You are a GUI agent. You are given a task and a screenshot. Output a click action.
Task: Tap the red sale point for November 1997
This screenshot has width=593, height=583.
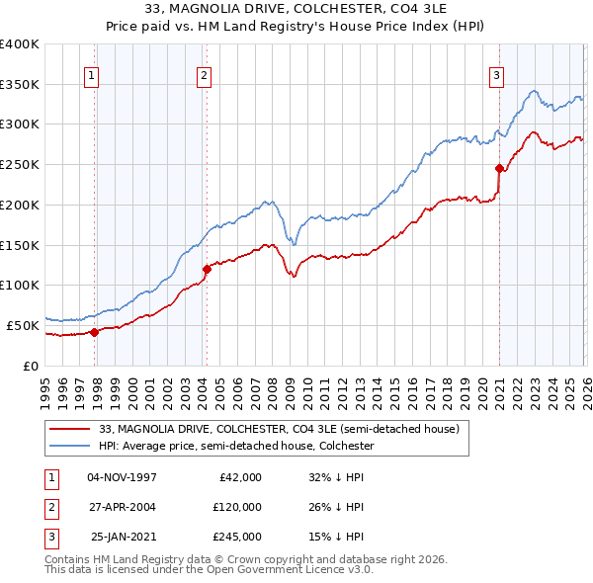(x=94, y=332)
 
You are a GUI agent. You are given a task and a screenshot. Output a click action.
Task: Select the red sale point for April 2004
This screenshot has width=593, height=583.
(x=207, y=269)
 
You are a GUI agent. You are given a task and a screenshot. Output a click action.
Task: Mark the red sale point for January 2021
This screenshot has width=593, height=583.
(x=499, y=169)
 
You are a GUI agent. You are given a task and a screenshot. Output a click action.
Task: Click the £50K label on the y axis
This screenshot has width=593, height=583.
(x=22, y=325)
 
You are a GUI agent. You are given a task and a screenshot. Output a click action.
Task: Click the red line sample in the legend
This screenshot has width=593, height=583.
(x=71, y=430)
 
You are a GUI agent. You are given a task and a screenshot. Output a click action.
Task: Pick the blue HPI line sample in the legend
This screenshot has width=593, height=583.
(x=71, y=447)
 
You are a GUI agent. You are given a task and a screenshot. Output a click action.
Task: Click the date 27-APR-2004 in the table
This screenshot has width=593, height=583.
(x=123, y=507)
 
